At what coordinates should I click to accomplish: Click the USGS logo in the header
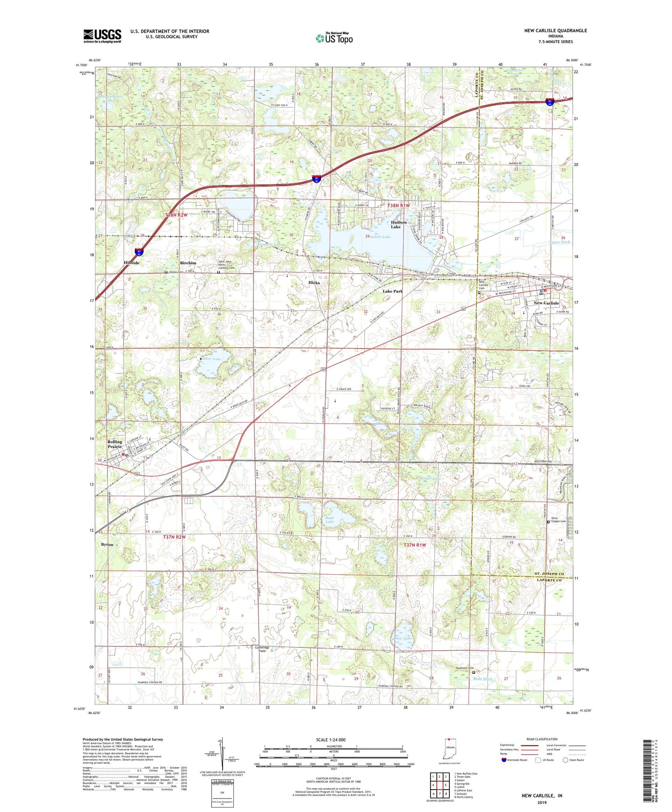coord(102,36)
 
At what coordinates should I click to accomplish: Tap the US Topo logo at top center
coord(334,38)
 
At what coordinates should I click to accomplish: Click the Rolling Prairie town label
coord(115,444)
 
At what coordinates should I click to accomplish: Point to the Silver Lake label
coord(211,359)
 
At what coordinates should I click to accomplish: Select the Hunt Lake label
coord(330,520)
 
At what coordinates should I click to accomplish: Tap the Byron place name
coord(107,545)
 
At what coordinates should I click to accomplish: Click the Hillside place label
coord(132,263)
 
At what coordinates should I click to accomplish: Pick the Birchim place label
coord(188,263)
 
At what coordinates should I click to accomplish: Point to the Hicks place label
coord(314,283)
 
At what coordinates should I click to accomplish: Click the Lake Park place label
coord(392,291)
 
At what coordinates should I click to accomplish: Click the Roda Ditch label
coord(482,679)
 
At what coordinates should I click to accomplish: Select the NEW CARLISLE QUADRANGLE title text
coord(556,30)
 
